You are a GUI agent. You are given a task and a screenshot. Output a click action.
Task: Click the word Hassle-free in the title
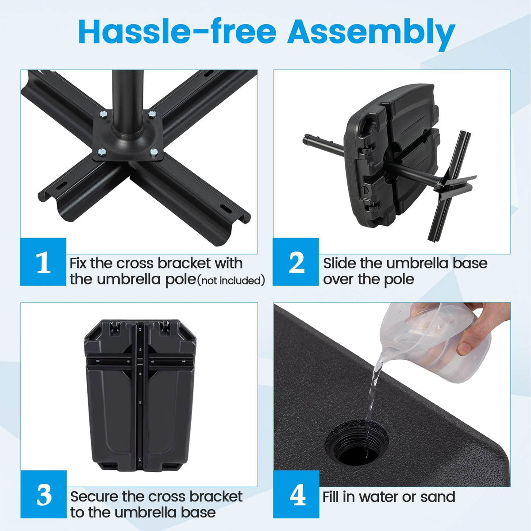(177, 32)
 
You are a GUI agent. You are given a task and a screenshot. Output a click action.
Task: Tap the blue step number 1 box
(43, 262)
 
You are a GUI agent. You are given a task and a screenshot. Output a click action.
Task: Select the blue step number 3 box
(43, 495)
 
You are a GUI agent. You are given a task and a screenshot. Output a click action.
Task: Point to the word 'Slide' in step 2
(339, 263)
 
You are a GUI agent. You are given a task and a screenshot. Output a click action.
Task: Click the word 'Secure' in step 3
(94, 496)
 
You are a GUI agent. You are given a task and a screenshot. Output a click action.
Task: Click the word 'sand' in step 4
(438, 496)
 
